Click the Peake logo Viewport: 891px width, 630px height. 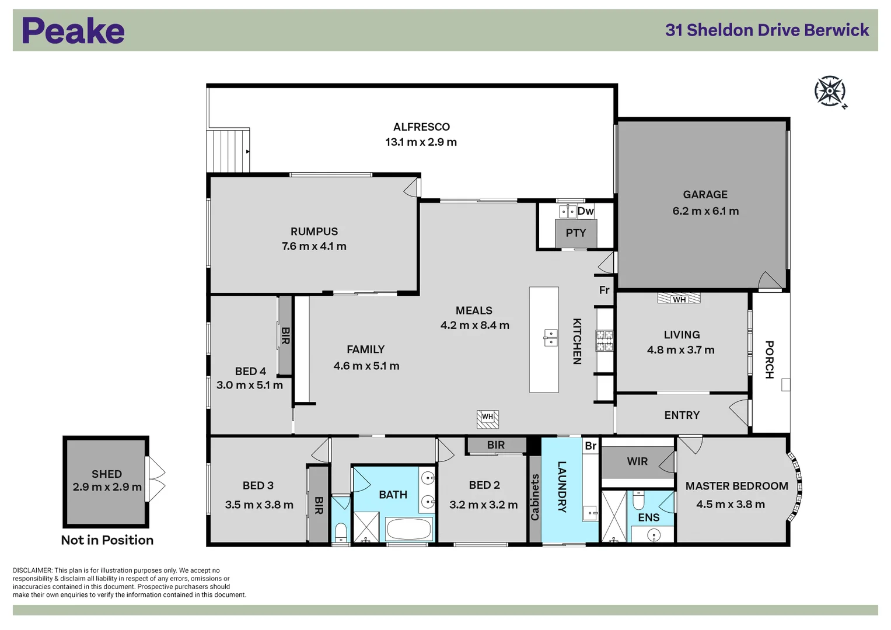pos(73,31)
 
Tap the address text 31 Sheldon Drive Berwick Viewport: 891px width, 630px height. pos(767,30)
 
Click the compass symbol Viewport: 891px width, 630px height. pos(830,92)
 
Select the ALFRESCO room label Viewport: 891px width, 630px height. pos(421,127)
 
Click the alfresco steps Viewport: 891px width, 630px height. pos(228,150)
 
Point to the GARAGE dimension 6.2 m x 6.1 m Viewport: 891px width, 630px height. pos(705,211)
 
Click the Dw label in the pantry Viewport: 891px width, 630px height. pos(585,211)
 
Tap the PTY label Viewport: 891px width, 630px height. pos(575,233)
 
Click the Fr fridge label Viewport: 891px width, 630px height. pos(604,290)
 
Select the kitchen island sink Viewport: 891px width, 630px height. pos(550,337)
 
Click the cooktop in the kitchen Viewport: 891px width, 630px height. pos(605,341)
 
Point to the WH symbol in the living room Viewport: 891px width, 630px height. pos(679,299)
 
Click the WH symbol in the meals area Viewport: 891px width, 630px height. pos(487,417)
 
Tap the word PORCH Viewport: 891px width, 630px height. pos(770,359)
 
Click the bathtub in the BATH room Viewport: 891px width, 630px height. pos(409,530)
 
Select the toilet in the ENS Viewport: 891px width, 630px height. pos(638,500)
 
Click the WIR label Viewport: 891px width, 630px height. pos(637,461)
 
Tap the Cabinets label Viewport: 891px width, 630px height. pos(534,496)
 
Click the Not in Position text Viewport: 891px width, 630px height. pos(107,540)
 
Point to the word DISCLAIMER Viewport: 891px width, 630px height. pos(33,570)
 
